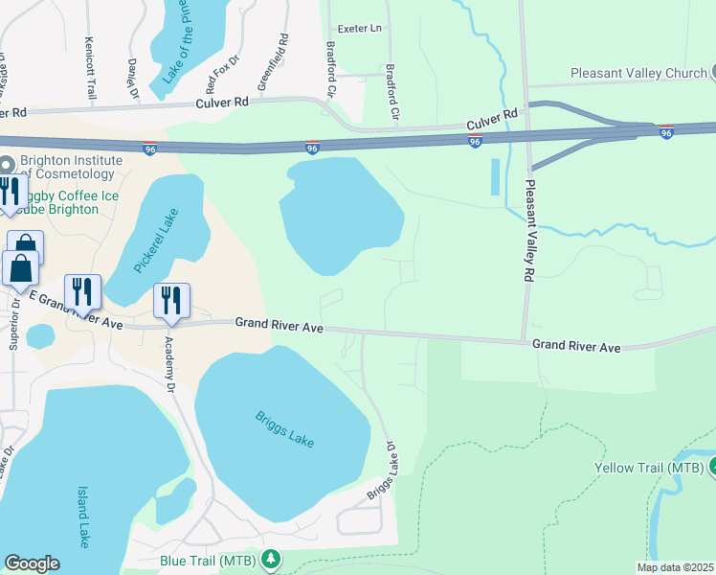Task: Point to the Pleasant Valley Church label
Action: [x=637, y=73]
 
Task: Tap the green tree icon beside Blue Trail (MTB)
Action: [x=272, y=558]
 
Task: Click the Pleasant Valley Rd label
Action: [x=526, y=232]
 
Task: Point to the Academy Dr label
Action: [x=168, y=364]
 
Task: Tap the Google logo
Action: [x=32, y=564]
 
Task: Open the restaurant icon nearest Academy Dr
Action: [x=172, y=300]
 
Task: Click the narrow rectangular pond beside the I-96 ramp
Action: [x=495, y=177]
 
